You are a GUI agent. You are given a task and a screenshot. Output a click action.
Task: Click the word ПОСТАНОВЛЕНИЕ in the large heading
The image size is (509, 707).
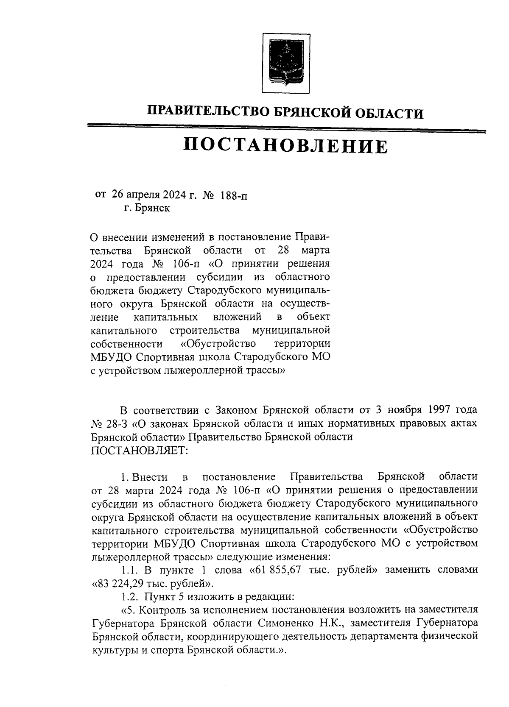tap(285, 146)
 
